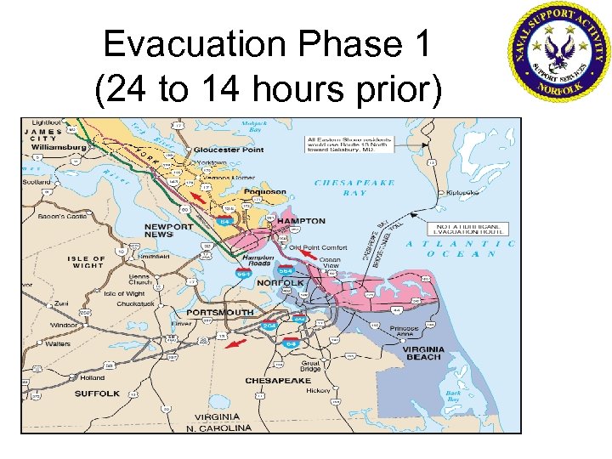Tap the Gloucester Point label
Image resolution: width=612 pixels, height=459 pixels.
point(229,150)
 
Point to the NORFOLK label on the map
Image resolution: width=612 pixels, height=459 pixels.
point(280,282)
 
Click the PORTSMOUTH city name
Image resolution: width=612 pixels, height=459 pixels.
point(219,313)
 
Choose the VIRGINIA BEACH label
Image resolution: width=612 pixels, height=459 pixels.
point(422,353)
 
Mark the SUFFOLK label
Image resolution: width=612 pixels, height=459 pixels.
point(97,394)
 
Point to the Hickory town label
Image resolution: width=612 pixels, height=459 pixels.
point(319,390)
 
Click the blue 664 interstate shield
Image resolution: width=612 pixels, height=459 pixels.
point(243,274)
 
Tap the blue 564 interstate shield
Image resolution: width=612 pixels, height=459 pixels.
point(285,270)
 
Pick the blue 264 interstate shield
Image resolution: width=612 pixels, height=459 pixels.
point(269,326)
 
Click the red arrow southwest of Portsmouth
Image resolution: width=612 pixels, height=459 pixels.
point(239,342)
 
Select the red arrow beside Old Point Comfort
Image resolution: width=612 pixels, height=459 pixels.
point(307,253)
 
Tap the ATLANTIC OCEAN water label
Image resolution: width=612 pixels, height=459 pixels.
point(460,248)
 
